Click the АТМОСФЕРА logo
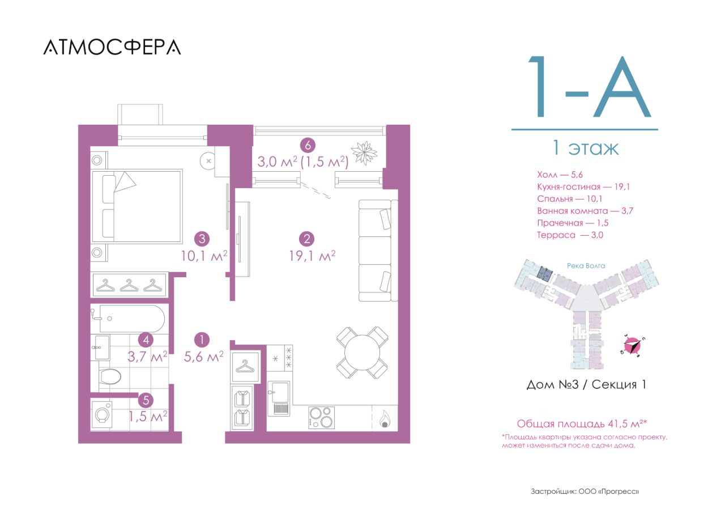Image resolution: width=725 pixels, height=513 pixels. pos(112,47)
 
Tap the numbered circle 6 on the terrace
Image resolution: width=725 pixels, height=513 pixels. pos(308,145)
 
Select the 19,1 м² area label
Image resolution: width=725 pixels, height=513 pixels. pos(312,256)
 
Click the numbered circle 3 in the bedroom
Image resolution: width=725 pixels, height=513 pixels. pos(202,239)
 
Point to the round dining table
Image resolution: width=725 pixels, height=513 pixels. pos(362,353)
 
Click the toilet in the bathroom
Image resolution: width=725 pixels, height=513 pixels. pos(110,376)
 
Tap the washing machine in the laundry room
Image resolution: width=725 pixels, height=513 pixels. pos(102,414)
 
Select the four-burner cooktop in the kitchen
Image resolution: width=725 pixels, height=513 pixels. pos(321,417)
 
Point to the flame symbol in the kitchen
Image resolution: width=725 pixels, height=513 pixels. pos(385,419)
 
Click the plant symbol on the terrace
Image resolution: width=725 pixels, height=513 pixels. pos(364,153)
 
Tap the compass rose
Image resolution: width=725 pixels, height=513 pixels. pos(633,345)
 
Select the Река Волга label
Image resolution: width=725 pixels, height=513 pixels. pos(586,266)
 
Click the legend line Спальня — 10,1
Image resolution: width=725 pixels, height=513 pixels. pos(569,199)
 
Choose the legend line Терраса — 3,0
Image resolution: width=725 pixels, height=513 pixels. pos(570,235)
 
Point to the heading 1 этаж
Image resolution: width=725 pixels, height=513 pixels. pos(585,148)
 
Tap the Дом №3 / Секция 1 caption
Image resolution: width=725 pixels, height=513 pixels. pos(586,384)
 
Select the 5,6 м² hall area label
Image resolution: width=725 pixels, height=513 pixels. pos(204,357)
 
